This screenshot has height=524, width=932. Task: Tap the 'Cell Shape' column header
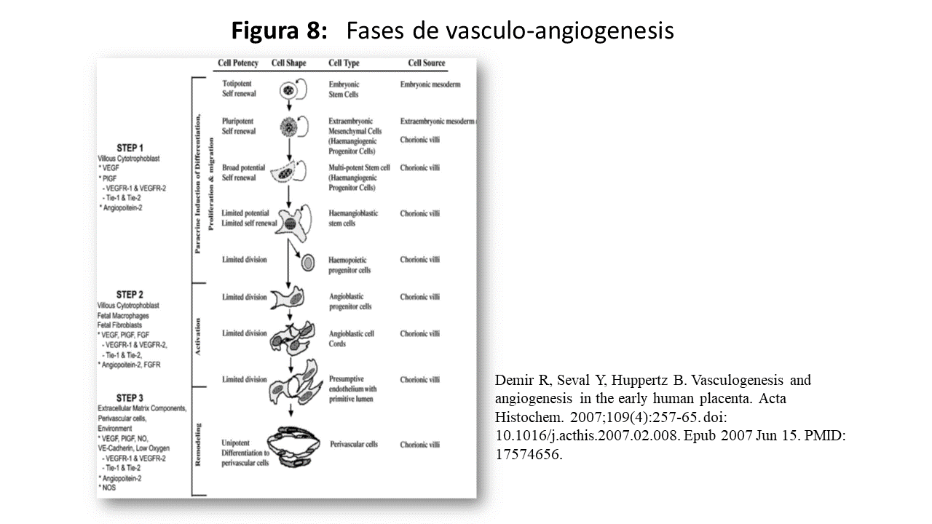[x=288, y=63]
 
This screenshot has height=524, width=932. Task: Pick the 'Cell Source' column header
[x=426, y=63]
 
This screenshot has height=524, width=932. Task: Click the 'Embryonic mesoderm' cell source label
[x=430, y=84]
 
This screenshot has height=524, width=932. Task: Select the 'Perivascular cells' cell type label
[x=353, y=444]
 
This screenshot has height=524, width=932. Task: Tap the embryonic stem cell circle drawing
[x=290, y=91]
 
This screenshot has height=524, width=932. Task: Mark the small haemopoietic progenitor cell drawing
[x=308, y=262]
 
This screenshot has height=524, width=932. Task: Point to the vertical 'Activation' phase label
[x=198, y=336]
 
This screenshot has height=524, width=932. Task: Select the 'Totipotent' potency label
[x=238, y=84]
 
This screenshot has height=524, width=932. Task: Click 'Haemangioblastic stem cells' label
[x=352, y=218]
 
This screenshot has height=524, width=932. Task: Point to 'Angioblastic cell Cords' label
[x=351, y=338]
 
